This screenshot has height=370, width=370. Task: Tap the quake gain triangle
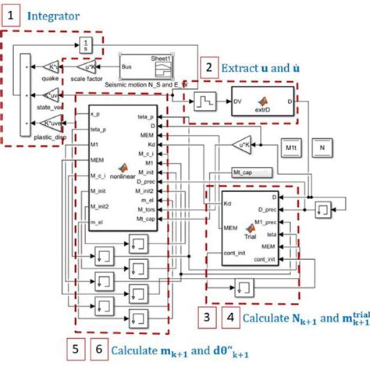[50, 65]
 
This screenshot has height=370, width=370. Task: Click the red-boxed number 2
[208, 68]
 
